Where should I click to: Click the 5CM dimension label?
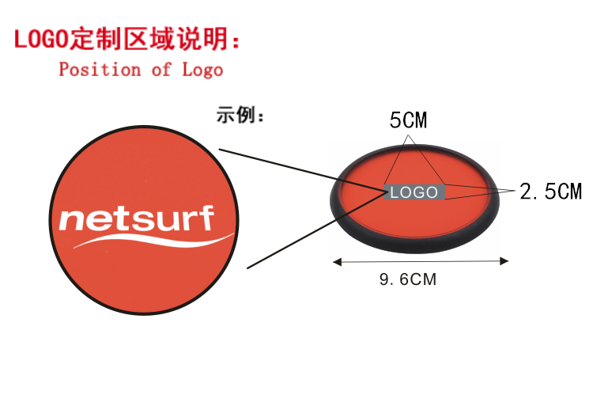click(x=408, y=121)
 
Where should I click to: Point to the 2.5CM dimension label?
click(x=550, y=192)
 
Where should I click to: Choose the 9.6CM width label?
click(x=408, y=279)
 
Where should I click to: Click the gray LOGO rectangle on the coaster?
click(x=414, y=192)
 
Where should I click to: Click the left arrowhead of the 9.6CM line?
click(x=336, y=260)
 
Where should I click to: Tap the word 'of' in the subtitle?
click(x=161, y=70)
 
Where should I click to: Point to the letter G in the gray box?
click(x=419, y=192)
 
